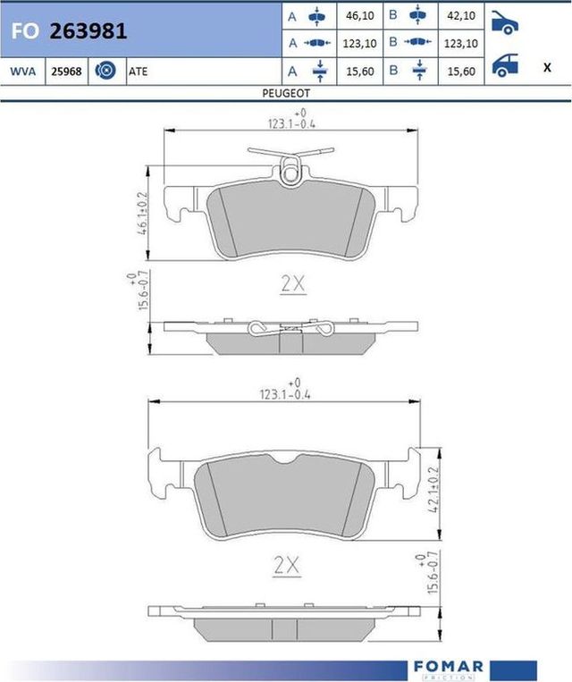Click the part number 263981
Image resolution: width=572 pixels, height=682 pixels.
[x=88, y=31]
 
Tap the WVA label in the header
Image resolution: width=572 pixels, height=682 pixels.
[x=23, y=71]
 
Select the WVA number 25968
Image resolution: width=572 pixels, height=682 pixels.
[x=67, y=71]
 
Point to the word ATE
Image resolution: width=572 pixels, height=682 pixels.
[x=139, y=71]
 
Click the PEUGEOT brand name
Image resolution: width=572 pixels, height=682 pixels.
[x=285, y=92]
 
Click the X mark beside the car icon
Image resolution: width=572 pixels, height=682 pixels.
[x=546, y=68]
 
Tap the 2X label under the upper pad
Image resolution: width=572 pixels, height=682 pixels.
[x=293, y=284]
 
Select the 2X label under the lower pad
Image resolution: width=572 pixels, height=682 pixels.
[x=287, y=566]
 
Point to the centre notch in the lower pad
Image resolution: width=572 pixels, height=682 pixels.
[x=287, y=459]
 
